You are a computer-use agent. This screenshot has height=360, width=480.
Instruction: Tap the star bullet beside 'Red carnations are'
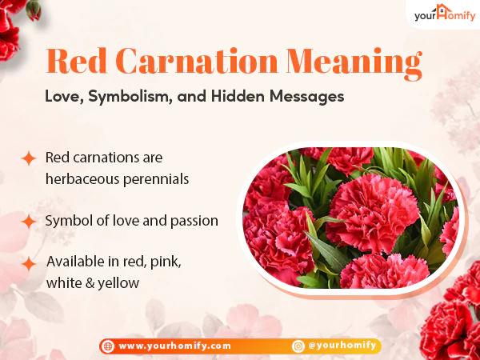click(x=29, y=158)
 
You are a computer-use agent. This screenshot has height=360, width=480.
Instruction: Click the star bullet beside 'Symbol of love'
click(x=29, y=220)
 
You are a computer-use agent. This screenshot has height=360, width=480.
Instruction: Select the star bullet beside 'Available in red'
click(x=29, y=262)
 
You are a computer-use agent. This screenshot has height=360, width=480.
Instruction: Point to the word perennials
click(x=158, y=178)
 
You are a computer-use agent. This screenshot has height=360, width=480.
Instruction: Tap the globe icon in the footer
click(x=108, y=346)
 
